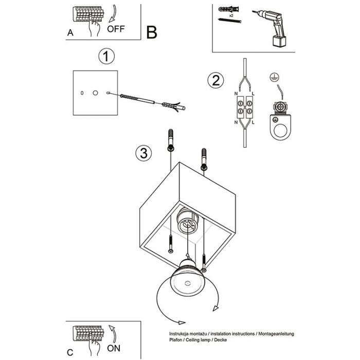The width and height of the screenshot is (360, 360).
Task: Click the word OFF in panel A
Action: (x=117, y=29)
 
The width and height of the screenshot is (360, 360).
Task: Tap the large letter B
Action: (x=152, y=32)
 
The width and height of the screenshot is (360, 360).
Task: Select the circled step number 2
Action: (x=215, y=81)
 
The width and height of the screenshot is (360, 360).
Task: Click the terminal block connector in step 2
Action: (x=244, y=109)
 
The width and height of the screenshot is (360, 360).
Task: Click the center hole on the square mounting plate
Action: (x=95, y=93)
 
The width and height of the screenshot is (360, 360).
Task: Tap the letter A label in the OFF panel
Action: (x=70, y=32)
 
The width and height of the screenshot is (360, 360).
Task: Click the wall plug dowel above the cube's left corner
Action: (x=171, y=140)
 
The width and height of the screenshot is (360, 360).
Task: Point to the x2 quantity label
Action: (x=231, y=15)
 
